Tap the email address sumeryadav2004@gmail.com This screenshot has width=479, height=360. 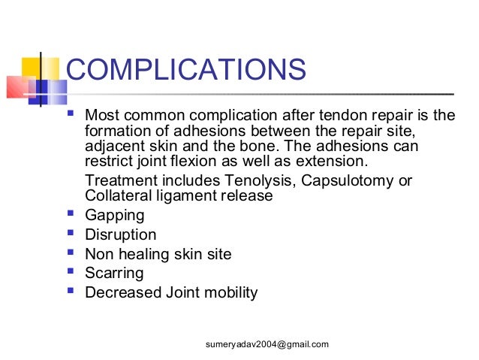(x=267, y=344)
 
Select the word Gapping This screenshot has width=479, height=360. (x=114, y=216)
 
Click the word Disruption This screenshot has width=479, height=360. (x=121, y=235)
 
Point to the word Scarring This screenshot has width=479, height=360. (x=114, y=274)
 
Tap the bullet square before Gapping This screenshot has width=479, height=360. (x=71, y=215)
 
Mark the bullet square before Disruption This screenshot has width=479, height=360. (x=71, y=234)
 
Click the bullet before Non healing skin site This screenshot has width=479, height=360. (x=71, y=254)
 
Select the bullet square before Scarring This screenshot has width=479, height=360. (x=71, y=273)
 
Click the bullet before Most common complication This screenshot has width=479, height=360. (x=71, y=115)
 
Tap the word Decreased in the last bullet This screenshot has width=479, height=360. (x=121, y=293)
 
